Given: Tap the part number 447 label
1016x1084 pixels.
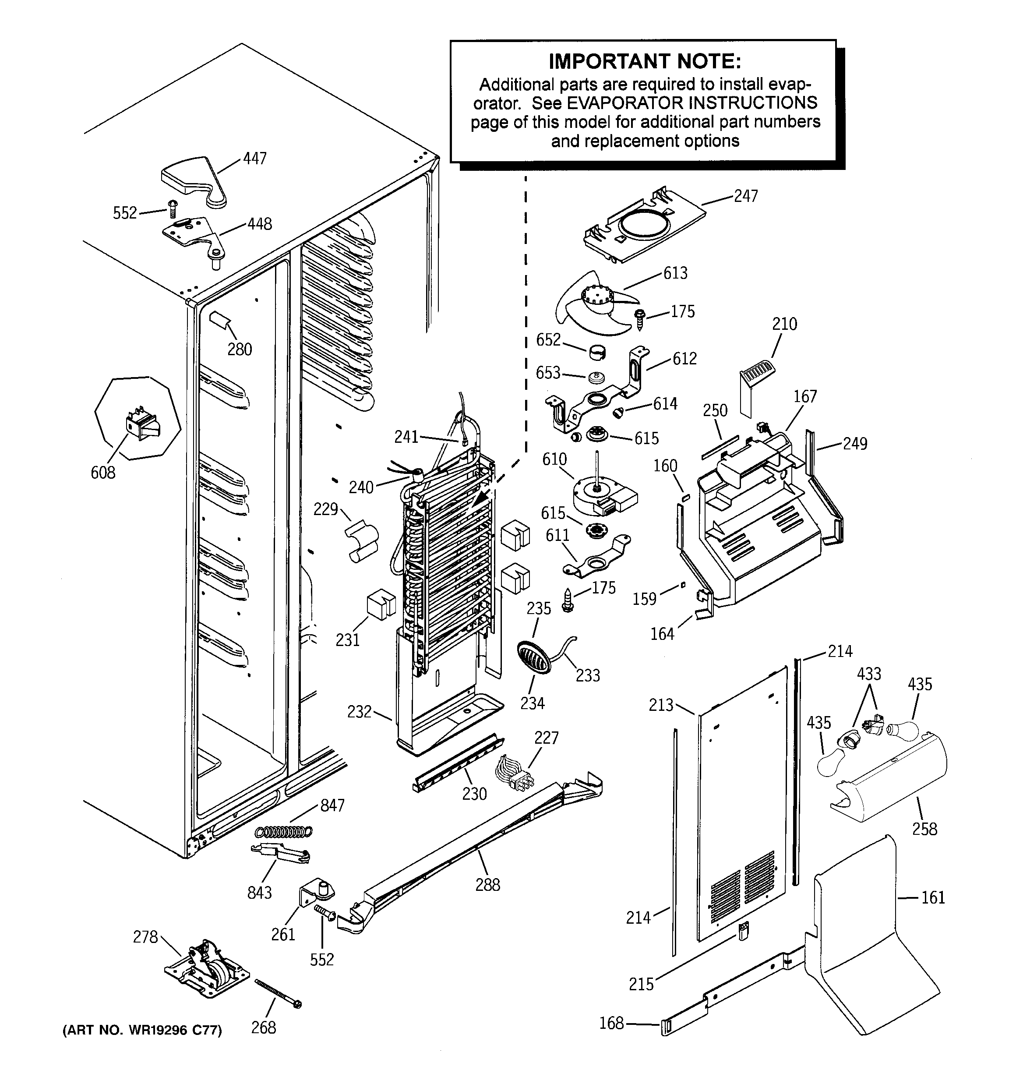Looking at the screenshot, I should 255,159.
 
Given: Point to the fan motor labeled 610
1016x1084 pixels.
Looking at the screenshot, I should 603,494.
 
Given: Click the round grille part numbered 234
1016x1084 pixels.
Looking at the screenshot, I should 533,657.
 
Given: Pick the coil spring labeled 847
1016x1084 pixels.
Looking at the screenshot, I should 284,832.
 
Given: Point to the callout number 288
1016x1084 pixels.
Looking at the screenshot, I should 487,884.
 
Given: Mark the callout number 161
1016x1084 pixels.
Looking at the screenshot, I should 932,897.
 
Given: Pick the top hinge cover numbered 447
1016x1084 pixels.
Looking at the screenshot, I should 194,180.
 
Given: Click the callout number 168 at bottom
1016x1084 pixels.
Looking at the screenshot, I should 611,1023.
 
